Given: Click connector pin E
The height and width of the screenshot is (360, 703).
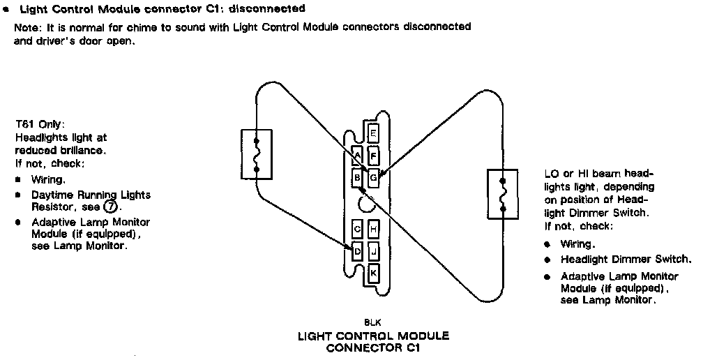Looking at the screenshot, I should coord(373,133).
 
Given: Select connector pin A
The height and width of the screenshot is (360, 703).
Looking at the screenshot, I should coord(357,155).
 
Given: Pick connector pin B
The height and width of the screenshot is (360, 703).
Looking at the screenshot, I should coord(357,177).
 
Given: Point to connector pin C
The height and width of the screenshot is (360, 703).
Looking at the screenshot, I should coord(357,228).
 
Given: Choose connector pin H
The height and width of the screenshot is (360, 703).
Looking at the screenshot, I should coord(373,228).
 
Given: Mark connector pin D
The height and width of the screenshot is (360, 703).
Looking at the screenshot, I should coord(357,250).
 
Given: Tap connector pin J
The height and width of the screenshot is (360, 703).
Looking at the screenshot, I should coord(373,250).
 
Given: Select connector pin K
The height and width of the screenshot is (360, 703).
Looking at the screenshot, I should coord(373,273).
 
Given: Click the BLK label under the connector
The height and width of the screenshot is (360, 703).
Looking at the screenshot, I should coord(372,323).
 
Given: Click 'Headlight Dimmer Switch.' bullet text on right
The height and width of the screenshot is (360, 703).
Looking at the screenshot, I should coord(626,258).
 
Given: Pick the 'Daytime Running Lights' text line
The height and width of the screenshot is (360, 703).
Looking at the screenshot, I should coord(90,195).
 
